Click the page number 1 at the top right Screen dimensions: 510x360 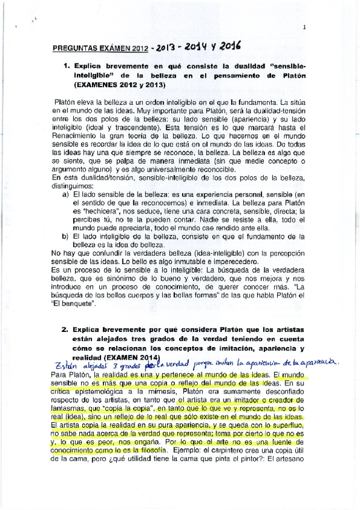point(305,26)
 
